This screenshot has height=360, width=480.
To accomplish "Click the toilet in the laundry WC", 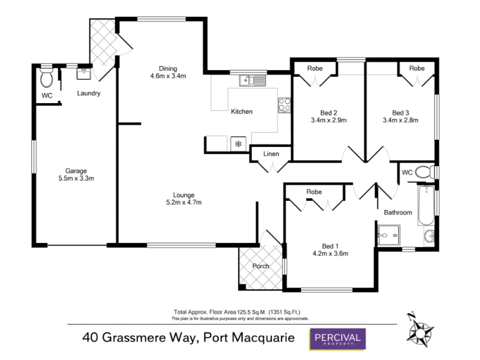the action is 47,78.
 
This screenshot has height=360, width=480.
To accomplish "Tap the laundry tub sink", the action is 83,74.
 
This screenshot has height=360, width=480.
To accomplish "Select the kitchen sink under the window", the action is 253,80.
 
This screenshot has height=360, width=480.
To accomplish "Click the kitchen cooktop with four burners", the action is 284,105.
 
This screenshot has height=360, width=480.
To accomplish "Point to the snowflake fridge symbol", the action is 238,143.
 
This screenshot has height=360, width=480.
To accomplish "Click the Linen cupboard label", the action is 271,154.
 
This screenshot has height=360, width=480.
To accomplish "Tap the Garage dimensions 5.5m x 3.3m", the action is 76,178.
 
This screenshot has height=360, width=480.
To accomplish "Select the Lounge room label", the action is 184,195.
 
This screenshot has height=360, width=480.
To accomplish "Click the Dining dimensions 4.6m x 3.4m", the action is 168,76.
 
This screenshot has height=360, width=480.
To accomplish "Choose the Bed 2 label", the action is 329,113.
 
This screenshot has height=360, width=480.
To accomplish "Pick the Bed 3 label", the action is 400,113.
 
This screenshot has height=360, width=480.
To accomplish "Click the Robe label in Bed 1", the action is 314,192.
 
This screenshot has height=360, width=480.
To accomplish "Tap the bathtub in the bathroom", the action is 426,205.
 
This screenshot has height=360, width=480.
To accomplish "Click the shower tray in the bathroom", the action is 389,235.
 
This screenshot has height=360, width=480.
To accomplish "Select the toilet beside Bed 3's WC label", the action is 425,172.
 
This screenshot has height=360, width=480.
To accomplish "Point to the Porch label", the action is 260,266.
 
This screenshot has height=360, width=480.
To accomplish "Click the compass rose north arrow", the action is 420,330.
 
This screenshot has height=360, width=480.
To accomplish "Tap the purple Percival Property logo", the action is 338,339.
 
